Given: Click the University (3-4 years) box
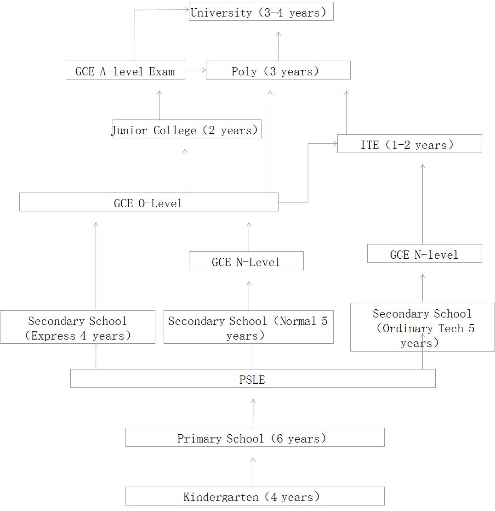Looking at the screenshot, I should pyautogui.click(x=261, y=11).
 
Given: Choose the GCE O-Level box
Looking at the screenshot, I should pyautogui.click(x=148, y=202).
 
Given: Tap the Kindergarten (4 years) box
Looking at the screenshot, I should pyautogui.click(x=255, y=496).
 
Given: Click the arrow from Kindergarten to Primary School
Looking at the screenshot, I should pyautogui.click(x=253, y=471).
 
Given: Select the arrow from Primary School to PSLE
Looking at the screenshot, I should pyautogui.click(x=253, y=413).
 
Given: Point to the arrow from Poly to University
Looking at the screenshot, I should pyautogui.click(x=278, y=46).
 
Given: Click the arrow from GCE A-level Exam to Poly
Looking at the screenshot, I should pyautogui.click(x=195, y=70).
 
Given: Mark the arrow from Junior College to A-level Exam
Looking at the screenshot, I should pyautogui.click(x=159, y=105).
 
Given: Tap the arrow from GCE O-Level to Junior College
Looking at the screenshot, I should pyautogui.click(x=185, y=170).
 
